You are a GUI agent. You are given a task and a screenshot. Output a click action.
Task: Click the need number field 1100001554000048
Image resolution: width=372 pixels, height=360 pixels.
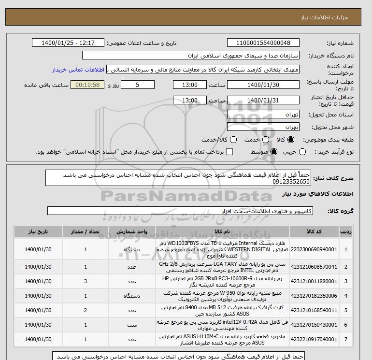[x=263, y=43]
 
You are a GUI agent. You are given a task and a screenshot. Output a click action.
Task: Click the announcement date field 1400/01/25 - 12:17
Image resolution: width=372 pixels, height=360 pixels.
[x=68, y=43]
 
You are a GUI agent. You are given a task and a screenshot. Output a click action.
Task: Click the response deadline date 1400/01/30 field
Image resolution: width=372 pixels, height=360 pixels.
[x=263, y=85]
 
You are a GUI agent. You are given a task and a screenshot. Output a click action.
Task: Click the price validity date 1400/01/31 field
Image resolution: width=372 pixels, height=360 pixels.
[x=263, y=101]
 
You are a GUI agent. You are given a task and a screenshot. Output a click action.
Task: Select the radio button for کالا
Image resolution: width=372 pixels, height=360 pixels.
[x=290, y=140]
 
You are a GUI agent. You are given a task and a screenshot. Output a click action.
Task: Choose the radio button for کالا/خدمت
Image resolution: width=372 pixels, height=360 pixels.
[x=233, y=140]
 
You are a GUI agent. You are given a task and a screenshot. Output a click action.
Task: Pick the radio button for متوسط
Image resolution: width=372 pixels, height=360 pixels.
[x=274, y=152]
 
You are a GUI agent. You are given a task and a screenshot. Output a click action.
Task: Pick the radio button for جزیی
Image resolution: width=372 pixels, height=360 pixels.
[x=302, y=152]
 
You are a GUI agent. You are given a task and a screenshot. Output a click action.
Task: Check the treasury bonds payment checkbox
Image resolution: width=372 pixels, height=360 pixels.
[x=229, y=152]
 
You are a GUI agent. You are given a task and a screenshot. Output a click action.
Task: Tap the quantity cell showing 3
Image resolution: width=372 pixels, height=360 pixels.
[x=86, y=281]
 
